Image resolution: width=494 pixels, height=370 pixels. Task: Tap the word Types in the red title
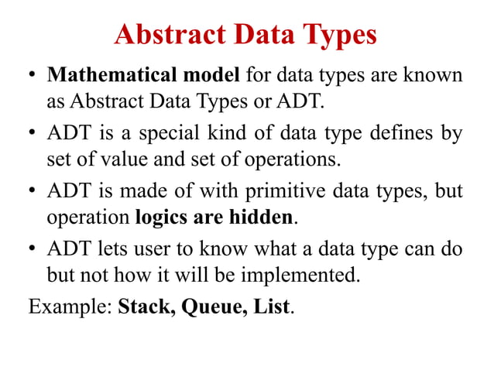coord(338,35)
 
